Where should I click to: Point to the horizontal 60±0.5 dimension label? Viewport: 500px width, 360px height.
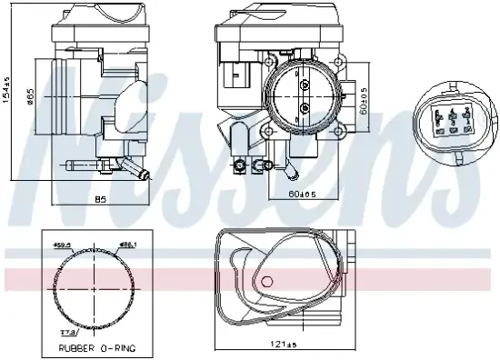[x=303, y=194]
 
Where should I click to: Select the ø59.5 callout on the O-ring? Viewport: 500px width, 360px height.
[x=63, y=244]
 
